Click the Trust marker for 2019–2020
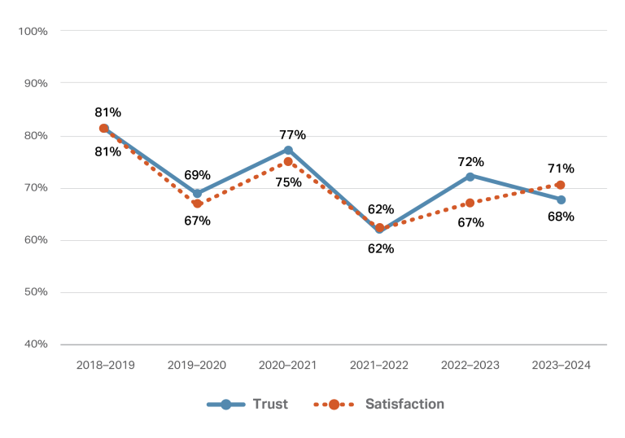pyautogui.click(x=197, y=194)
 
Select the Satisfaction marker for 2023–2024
pyautogui.click(x=560, y=185)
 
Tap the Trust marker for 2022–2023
pyautogui.click(x=470, y=176)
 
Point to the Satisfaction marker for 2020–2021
pyautogui.click(x=288, y=161)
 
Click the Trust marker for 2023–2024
pyautogui.click(x=562, y=199)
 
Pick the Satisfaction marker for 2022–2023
pyautogui.click(x=470, y=203)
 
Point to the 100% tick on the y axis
pyautogui.click(x=33, y=31)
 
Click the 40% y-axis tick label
pyautogui.click(x=35, y=344)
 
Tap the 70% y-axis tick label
pyautogui.click(x=35, y=187)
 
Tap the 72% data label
pyautogui.click(x=470, y=161)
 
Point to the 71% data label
pyautogui.click(x=561, y=169)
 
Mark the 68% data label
pyautogui.click(x=561, y=217)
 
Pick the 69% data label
pyautogui.click(x=197, y=175)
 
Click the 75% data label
pyautogui.click(x=288, y=182)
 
